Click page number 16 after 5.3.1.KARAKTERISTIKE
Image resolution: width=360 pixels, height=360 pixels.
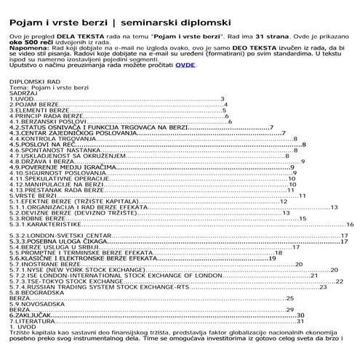pyautogui.click(x=349, y=225)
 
